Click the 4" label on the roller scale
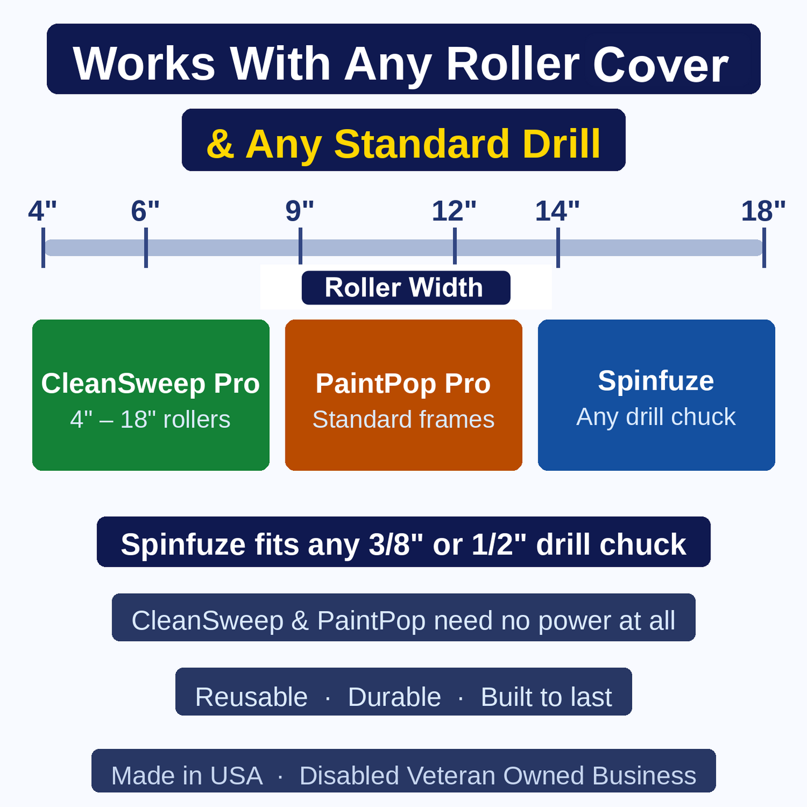coord(42,211)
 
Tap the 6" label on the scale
coord(145,211)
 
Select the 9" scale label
coord(299,211)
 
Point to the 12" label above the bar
coord(454,211)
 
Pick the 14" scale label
coord(557,211)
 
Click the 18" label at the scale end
coord(763,211)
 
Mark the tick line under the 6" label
coord(146,247)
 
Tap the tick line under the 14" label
coord(558,247)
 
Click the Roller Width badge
coord(406,288)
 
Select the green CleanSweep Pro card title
coord(150,383)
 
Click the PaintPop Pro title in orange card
coord(403,383)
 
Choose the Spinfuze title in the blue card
coord(656,381)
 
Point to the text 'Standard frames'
coord(403,419)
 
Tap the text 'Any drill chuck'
coord(656,417)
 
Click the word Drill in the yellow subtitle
coord(562,144)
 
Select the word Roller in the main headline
coord(513,64)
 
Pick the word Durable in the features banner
coord(394,697)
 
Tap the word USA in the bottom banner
coord(236,776)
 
